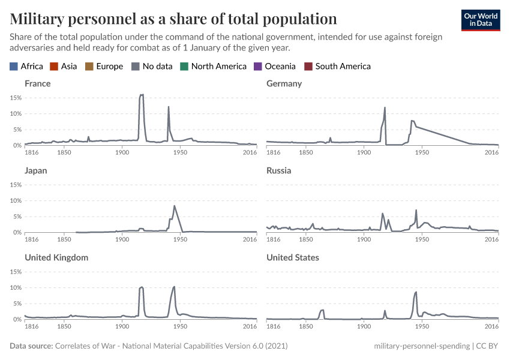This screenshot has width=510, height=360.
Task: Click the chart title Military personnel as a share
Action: [x=173, y=19]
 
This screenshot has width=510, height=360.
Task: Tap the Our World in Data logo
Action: [x=480, y=20]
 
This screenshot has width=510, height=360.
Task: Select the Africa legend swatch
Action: [x=14, y=67]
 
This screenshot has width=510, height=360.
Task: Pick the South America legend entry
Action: [x=343, y=67]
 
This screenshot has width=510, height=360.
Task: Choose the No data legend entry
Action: [x=152, y=67]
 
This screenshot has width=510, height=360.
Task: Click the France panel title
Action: [x=37, y=83]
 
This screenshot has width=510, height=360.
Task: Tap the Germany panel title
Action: [x=284, y=83]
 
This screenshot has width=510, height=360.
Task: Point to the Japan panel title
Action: [x=35, y=170]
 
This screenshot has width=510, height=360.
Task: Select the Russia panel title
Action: [x=278, y=170]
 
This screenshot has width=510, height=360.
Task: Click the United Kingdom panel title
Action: [x=56, y=257]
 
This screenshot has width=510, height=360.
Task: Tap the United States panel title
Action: [x=293, y=257]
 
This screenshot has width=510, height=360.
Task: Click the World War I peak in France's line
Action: [x=142, y=95]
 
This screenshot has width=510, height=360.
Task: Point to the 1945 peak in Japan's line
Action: [x=174, y=206]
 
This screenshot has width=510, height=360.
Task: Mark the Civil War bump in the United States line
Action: [x=322, y=310]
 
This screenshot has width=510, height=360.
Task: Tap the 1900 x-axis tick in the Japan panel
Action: [x=122, y=239]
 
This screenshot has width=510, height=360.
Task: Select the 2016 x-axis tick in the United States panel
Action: [x=491, y=326]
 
